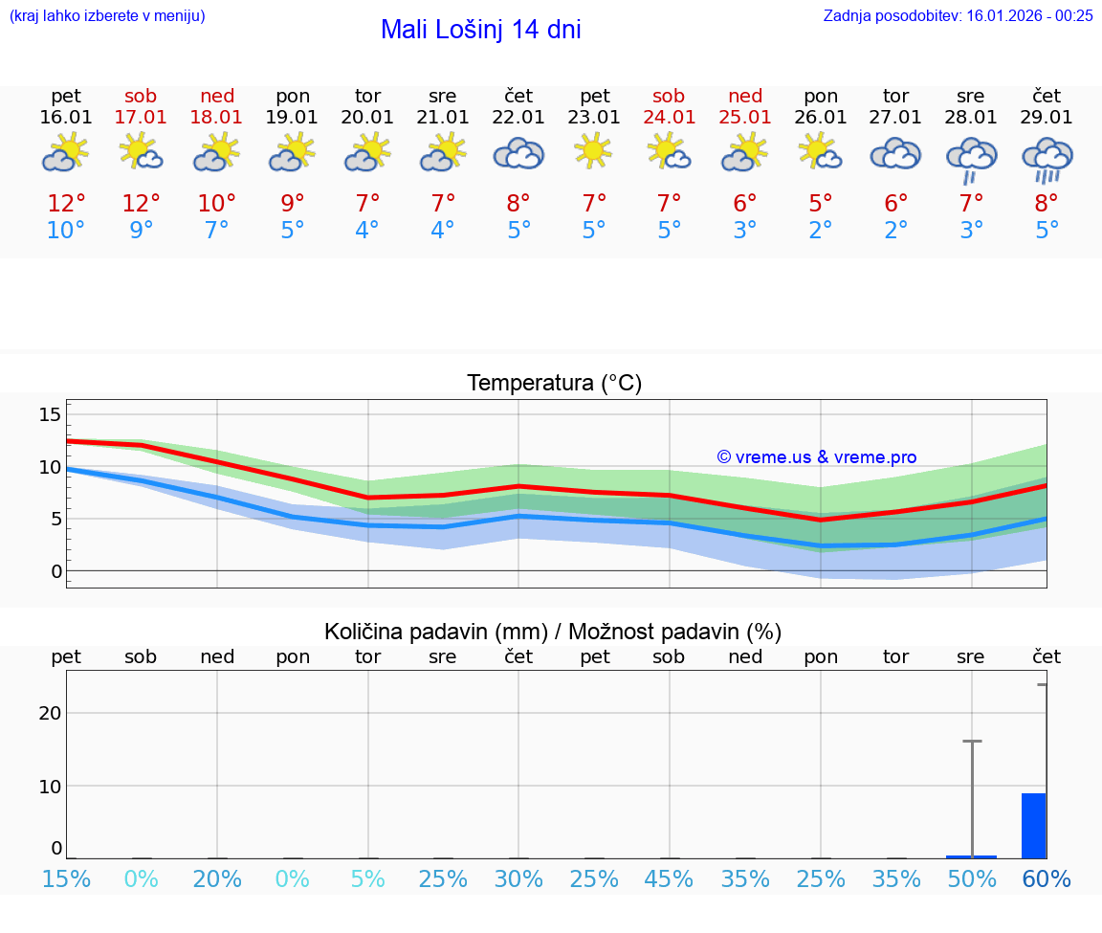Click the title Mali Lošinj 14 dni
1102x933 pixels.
tap(480, 30)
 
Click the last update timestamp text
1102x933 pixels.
tap(958, 15)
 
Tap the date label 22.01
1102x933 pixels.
tap(518, 118)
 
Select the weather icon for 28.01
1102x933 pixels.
tap(971, 158)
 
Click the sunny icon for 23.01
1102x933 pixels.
tap(594, 151)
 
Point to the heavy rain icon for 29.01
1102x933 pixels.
tap(1047, 159)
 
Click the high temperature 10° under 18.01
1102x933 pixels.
tap(217, 204)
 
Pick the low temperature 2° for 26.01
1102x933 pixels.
tap(821, 231)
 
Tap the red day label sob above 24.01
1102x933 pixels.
tap(669, 96)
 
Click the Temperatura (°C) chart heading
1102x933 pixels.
tap(554, 383)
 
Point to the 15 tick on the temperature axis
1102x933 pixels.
tap(50, 414)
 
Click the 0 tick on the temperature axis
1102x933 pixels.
tap(55, 571)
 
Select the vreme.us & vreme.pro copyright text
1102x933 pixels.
tap(816, 457)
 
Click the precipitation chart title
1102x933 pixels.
tap(553, 632)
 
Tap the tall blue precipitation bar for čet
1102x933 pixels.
tap(1033, 825)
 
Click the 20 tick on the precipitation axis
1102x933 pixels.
tap(50, 712)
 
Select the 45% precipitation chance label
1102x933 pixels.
tap(669, 878)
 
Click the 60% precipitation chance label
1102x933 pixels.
tap(1047, 878)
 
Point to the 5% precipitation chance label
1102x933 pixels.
tap(367, 878)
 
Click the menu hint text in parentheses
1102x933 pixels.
tap(107, 15)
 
